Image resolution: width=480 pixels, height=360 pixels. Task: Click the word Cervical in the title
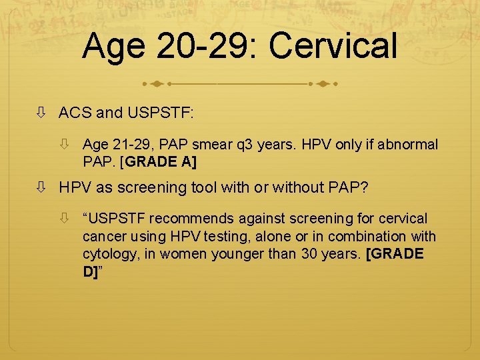[x=333, y=47]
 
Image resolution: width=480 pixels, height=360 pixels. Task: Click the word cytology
[x=106, y=255]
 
